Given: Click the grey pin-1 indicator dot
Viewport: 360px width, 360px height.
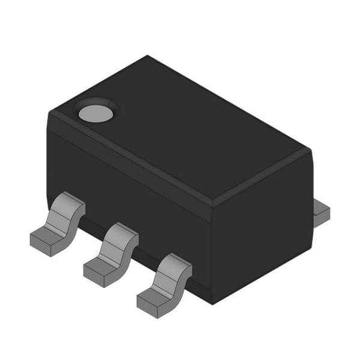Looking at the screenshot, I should [x=96, y=112].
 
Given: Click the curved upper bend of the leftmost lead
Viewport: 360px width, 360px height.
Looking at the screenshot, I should [x=67, y=207].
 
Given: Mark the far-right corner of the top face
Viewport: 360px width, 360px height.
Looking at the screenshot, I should [x=311, y=150].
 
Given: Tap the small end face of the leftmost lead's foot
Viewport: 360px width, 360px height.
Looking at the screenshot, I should [x=40, y=247].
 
